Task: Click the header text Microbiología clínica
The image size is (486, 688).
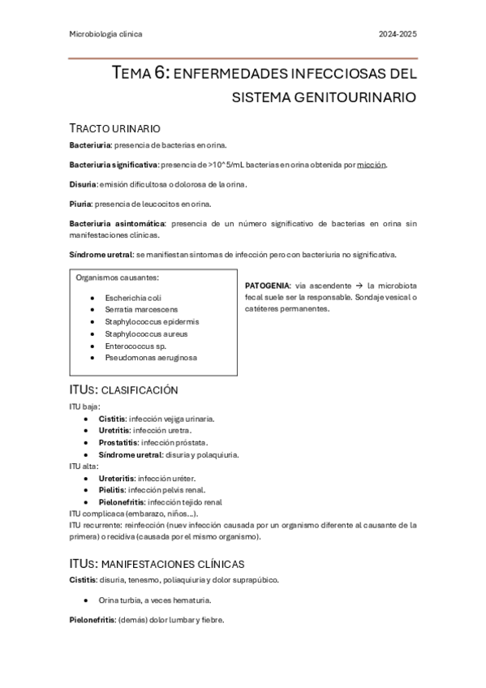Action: coord(106,34)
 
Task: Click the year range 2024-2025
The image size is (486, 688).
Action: coord(398,34)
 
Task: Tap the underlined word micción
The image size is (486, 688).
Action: coord(372,165)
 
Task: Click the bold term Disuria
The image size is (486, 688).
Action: coord(82,184)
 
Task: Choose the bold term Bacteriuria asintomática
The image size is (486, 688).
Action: coord(116,223)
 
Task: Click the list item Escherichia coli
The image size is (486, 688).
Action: coord(133,298)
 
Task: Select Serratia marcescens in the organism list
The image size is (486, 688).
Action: coord(141,309)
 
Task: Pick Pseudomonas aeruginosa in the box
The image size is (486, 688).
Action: coord(151,357)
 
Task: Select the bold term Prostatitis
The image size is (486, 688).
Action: coord(118,443)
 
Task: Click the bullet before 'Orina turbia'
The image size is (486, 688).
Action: coord(86,600)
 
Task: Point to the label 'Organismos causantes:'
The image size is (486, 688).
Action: coord(117,277)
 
